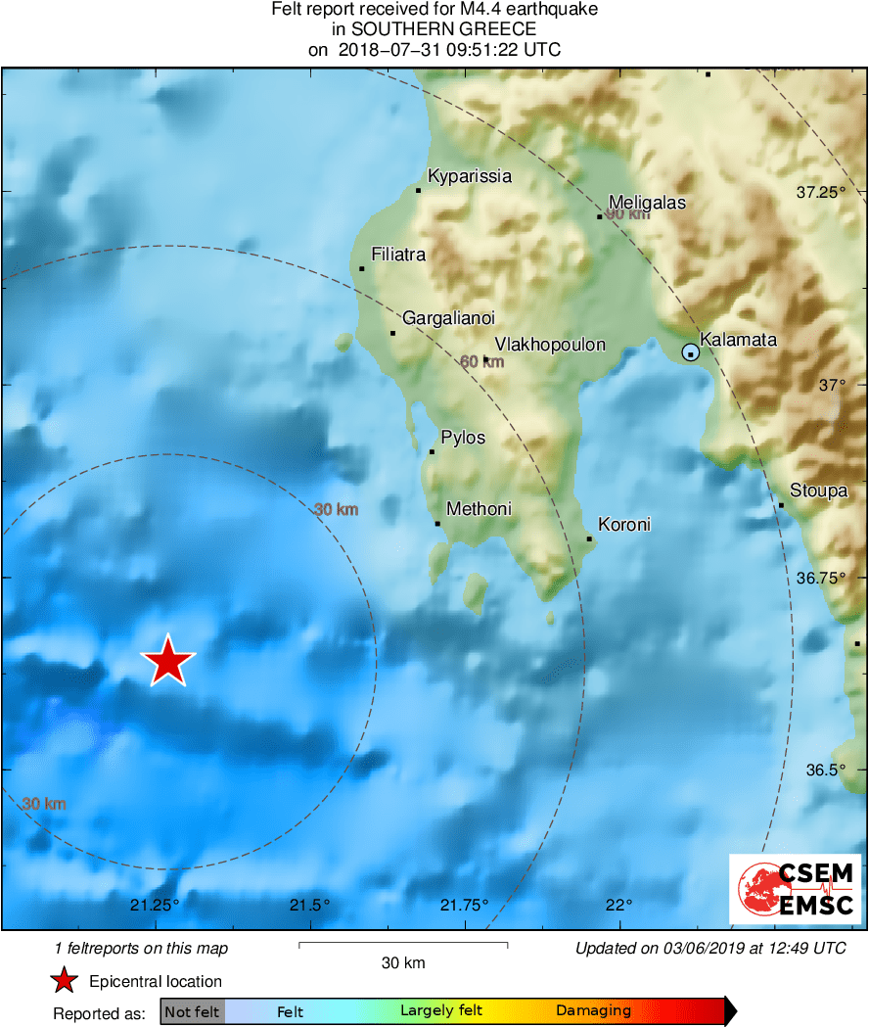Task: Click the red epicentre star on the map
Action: tap(168, 663)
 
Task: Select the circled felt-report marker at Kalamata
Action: tap(691, 352)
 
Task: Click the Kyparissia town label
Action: tap(471, 176)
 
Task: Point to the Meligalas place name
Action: tap(647, 203)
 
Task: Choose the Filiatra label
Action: tap(398, 255)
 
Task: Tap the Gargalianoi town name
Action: tap(448, 318)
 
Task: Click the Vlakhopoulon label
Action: tap(550, 345)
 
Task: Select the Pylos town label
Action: tap(463, 438)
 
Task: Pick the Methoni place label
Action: tap(479, 509)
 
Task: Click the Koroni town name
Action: tap(624, 525)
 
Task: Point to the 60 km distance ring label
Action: tap(481, 362)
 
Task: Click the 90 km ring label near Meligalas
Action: tap(627, 214)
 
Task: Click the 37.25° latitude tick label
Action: tap(820, 192)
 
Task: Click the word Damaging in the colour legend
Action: tap(593, 1010)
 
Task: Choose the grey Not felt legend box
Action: tap(193, 1011)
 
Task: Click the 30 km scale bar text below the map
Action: tap(402, 963)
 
